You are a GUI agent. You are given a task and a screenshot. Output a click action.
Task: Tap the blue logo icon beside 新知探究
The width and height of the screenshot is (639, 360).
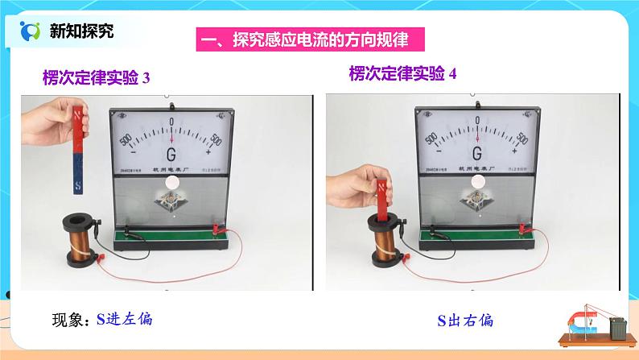point(30,31)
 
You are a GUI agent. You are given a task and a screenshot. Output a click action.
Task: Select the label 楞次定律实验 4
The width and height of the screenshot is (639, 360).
point(402,74)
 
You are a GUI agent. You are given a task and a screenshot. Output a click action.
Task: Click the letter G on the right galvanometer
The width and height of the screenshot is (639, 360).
point(477,153)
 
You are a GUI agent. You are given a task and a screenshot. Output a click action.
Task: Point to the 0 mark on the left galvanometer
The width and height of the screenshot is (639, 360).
point(171,121)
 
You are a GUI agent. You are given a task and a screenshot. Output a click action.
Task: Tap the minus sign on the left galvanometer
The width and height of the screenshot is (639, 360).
point(134,151)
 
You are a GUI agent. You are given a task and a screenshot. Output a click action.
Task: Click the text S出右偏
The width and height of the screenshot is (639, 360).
point(466,321)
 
